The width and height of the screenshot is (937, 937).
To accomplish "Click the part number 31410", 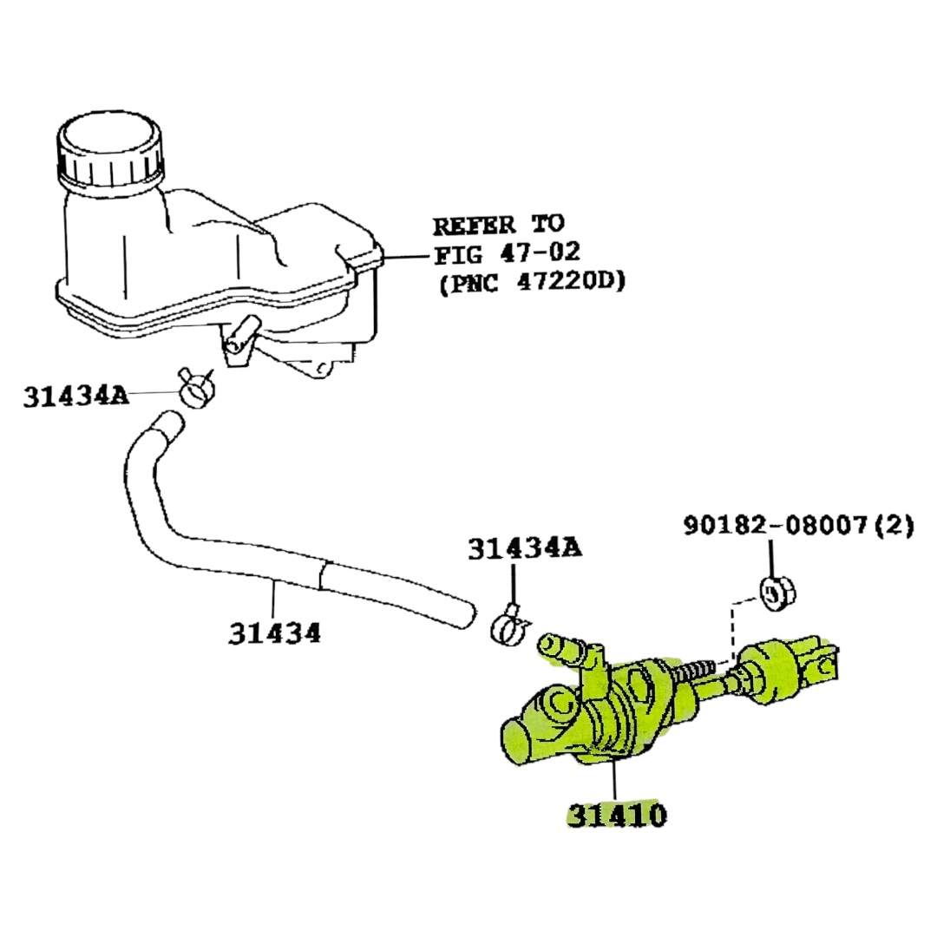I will point(617,815).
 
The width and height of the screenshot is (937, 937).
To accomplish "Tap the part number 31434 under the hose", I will point(274,633).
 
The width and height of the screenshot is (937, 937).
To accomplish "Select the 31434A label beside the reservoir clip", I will point(75,396).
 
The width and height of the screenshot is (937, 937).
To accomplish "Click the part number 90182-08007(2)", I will point(797,526).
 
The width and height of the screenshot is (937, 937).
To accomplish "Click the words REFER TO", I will point(498,226).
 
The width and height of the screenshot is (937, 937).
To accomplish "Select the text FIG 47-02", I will point(507,253).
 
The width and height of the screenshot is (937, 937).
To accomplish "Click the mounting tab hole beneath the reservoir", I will point(322,370).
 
